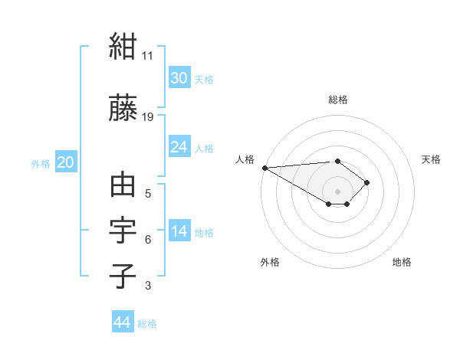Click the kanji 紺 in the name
[123, 46]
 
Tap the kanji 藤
[123, 107]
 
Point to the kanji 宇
[123, 230]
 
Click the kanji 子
[123, 276]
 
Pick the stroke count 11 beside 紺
[147, 56]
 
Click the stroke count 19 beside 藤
[147, 117]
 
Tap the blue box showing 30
[179, 77]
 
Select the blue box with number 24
[179, 146]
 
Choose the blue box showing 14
[179, 230]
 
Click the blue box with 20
[66, 162]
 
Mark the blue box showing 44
[123, 321]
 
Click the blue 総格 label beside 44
[147, 324]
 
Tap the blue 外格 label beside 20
[41, 164]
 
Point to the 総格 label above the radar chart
[338, 100]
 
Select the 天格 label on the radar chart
[431, 159]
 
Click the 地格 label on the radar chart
[402, 262]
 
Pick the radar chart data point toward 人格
[265, 168]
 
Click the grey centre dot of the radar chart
[337, 191]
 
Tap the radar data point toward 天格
[366, 182]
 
